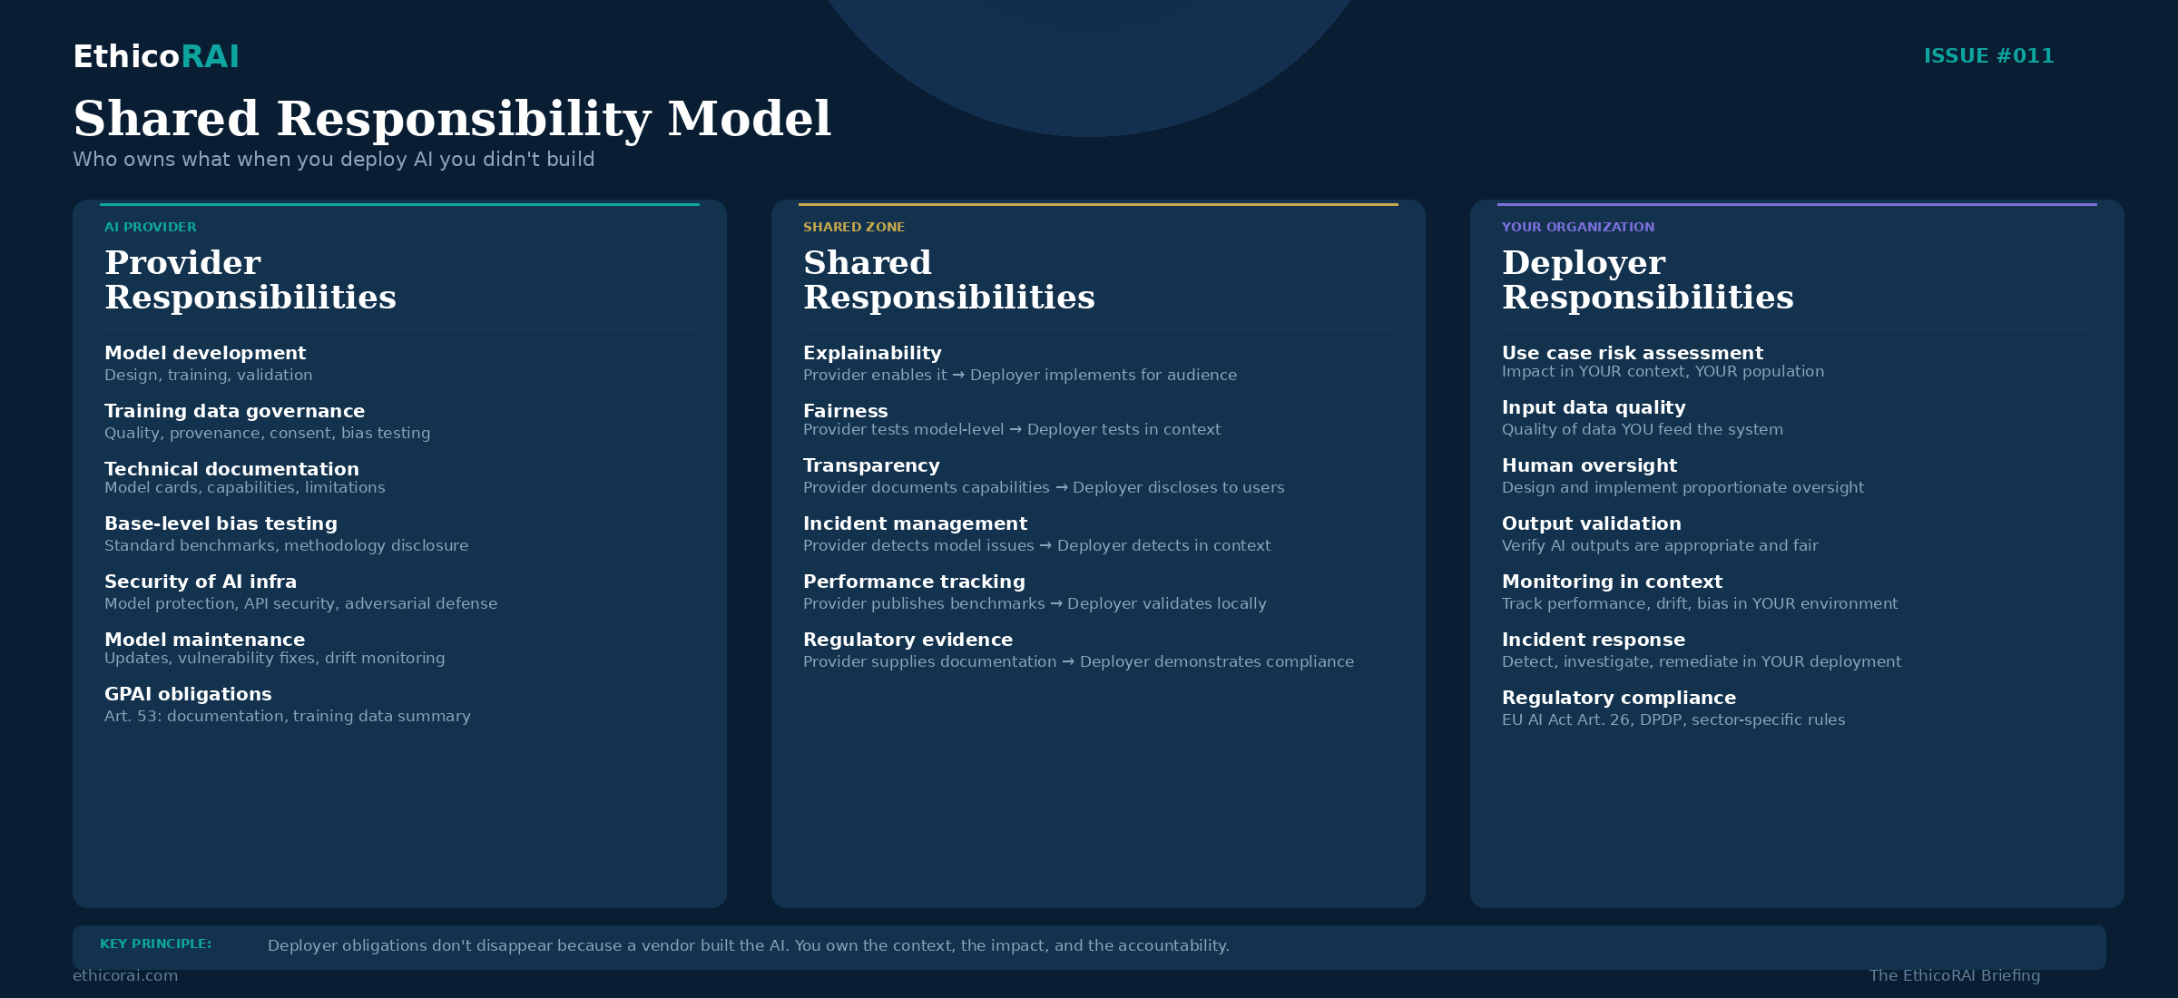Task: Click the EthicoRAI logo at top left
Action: (156, 56)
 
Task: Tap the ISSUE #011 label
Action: (1988, 56)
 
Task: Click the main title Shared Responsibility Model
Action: (452, 119)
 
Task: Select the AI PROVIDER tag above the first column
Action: (151, 227)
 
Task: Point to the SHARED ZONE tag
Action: (854, 227)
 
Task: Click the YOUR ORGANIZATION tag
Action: (1577, 227)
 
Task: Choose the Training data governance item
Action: (234, 411)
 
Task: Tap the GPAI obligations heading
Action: (188, 694)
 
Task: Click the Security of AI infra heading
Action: (201, 582)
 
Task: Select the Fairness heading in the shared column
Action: (845, 411)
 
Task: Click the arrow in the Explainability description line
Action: (958, 376)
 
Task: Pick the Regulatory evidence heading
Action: (907, 640)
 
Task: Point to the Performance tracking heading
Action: (914, 582)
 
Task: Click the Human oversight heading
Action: (1589, 465)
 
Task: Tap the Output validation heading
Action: (1591, 523)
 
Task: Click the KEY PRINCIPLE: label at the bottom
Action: (155, 944)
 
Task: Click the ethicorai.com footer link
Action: (125, 975)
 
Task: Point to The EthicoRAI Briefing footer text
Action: (1954, 975)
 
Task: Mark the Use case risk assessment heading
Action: (1632, 353)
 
